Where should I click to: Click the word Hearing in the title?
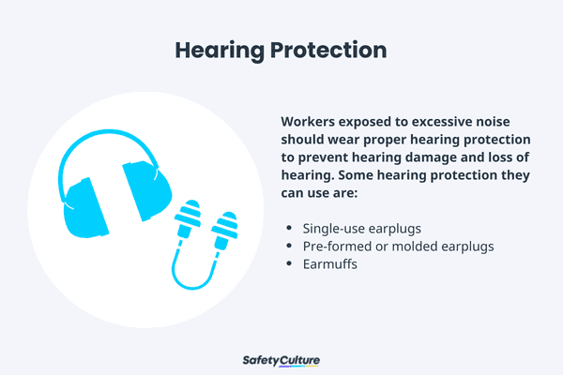(x=215, y=49)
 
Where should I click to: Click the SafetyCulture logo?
(x=281, y=361)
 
